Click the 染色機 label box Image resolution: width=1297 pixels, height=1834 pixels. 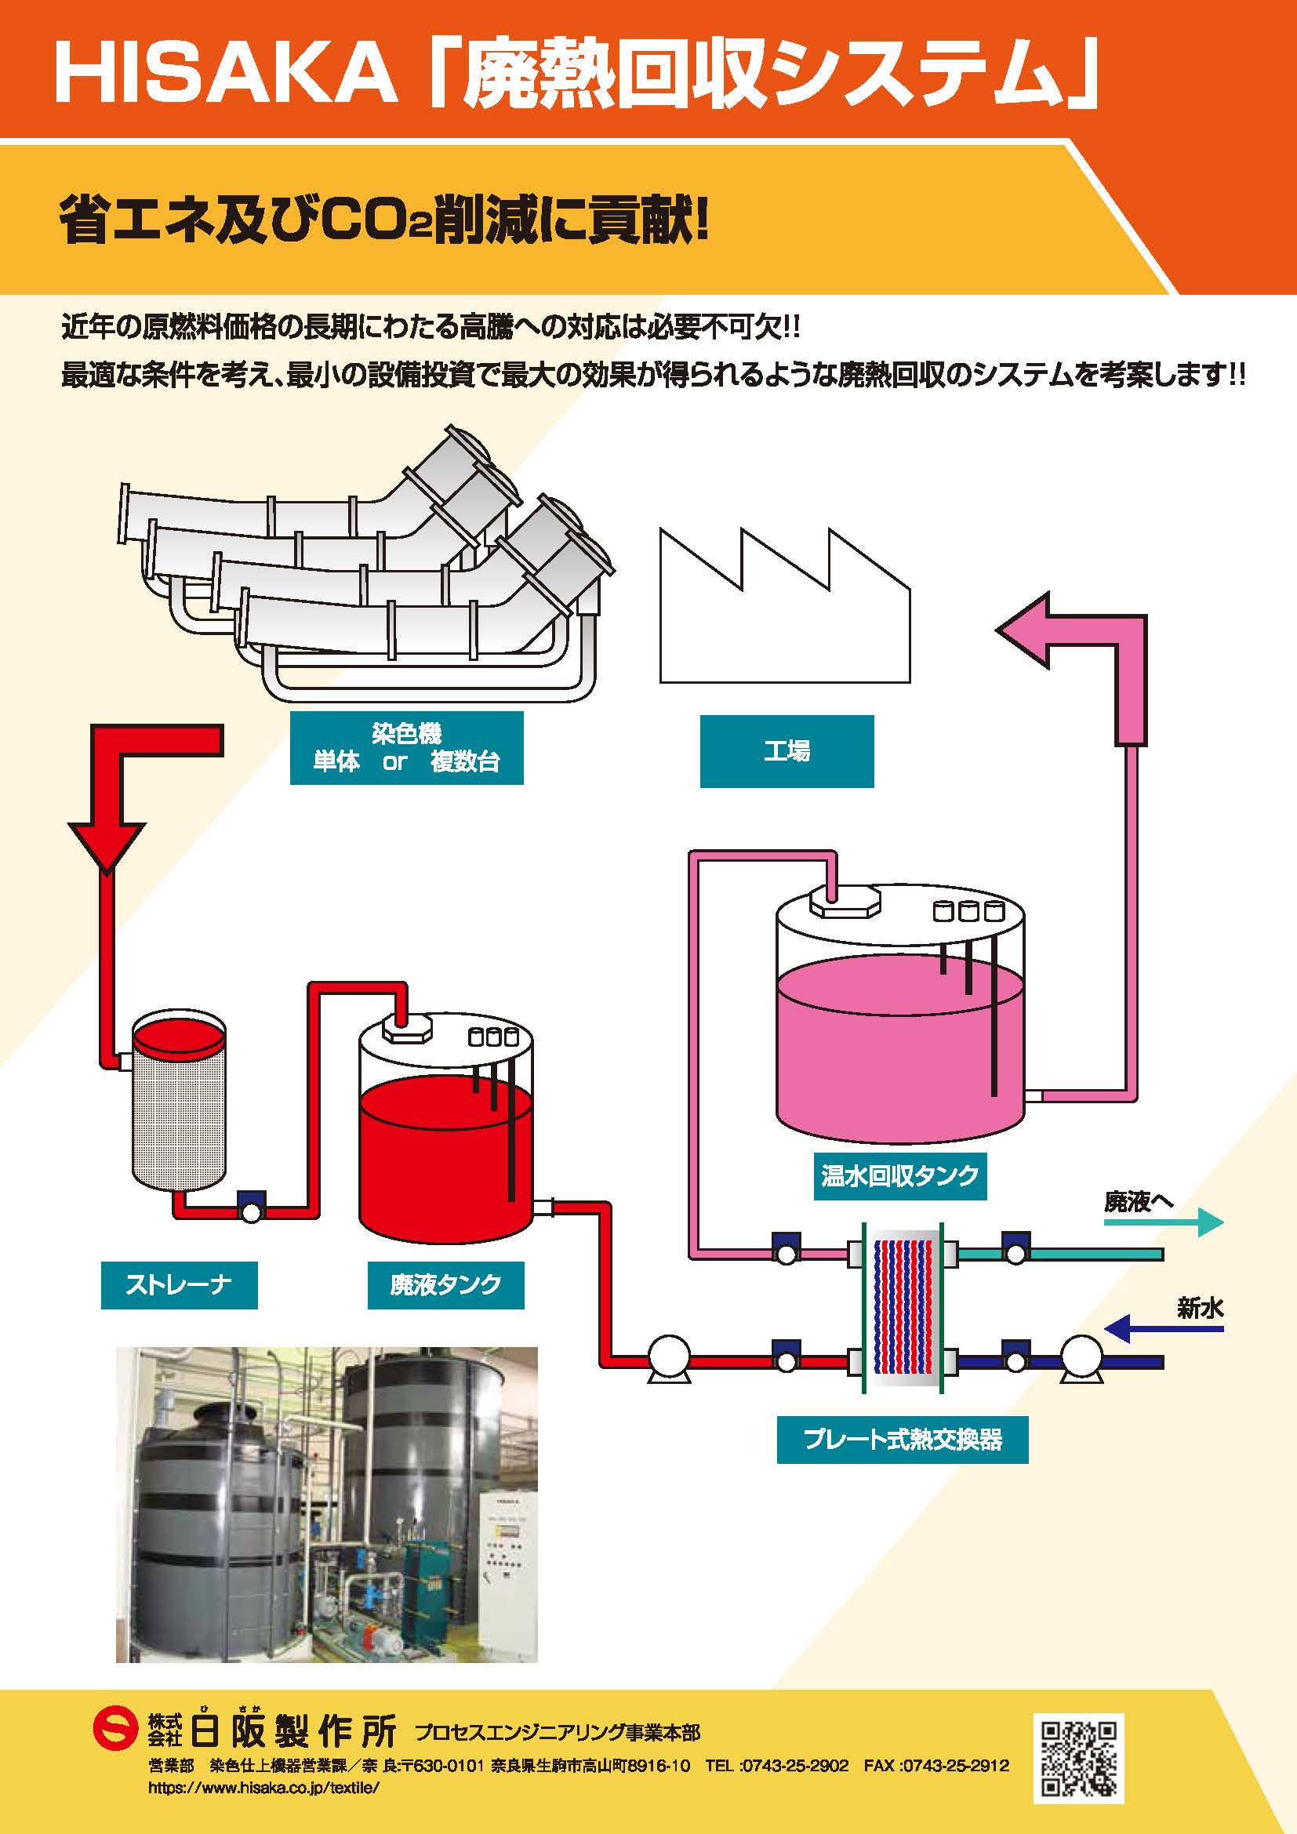[x=405, y=748]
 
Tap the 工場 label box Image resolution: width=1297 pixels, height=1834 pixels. [x=787, y=751]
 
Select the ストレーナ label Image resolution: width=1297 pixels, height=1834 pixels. [x=179, y=1284]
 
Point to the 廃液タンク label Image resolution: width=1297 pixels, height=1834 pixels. [x=445, y=1284]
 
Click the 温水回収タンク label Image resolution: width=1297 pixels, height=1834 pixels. [x=900, y=1176]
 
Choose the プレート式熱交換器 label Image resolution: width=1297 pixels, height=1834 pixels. [x=903, y=1440]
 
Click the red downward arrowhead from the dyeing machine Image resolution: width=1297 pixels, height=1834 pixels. [x=107, y=847]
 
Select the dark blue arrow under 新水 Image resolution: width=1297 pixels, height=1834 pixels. [x=1164, y=1329]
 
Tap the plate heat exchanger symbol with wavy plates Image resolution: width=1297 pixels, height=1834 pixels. [x=903, y=1306]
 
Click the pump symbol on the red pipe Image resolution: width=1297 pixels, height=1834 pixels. [x=668, y=1358]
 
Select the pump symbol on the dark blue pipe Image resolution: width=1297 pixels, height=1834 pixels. [x=1081, y=1358]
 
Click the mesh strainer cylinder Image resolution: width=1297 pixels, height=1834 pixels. [x=178, y=1101]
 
